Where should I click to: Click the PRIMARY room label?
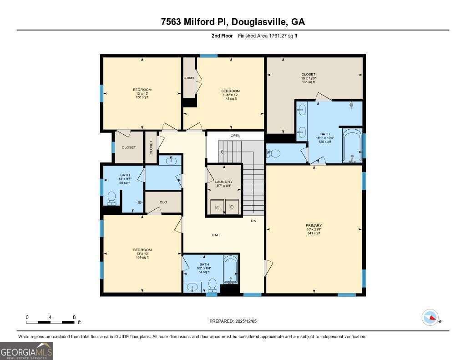pos(314,226)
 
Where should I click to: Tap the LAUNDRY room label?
pos(223,182)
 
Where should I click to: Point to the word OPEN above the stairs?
pos(235,136)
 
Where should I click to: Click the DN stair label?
pos(253,221)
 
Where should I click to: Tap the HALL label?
pos(216,235)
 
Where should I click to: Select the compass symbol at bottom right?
pos(430,317)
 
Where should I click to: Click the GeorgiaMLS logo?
pos(26,351)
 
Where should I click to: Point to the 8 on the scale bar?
pos(74,317)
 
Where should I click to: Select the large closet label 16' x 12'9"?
pos(308,78)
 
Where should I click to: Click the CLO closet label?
pos(163,202)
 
